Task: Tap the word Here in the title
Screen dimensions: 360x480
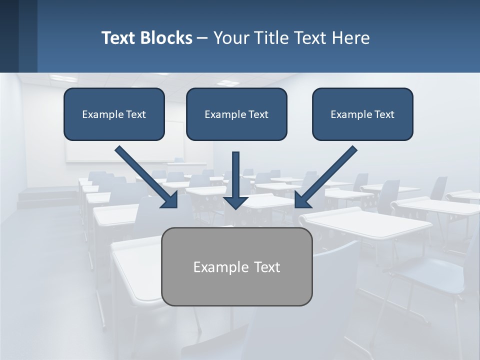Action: (352, 38)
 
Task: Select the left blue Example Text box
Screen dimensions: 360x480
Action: (114, 114)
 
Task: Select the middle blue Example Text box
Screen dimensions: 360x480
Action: (236, 114)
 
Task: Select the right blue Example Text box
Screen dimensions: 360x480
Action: (362, 114)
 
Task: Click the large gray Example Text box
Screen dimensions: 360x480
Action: (236, 266)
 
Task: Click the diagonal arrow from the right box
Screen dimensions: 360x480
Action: (330, 172)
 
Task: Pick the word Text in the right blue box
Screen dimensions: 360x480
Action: (384, 114)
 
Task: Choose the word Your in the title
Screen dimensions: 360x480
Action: (230, 38)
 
